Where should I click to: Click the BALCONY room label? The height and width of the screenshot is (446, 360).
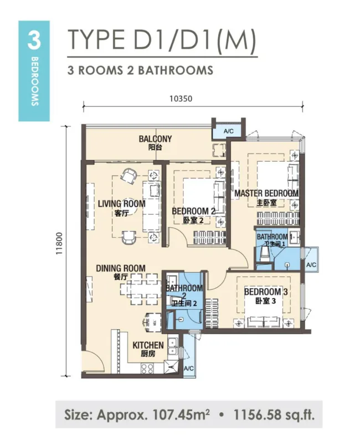tap(155, 139)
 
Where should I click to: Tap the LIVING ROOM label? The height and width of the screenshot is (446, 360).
tap(122, 204)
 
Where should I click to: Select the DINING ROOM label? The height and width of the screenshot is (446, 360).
tap(121, 268)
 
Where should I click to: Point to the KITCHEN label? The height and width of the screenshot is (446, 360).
tap(148, 345)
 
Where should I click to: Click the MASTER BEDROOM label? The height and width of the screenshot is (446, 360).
tap(266, 193)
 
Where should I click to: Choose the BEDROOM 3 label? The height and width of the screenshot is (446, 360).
tap(266, 292)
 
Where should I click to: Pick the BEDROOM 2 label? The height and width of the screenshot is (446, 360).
tap(193, 211)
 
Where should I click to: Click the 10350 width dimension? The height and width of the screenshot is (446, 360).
tap(181, 99)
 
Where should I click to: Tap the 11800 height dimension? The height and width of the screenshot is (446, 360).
tap(59, 243)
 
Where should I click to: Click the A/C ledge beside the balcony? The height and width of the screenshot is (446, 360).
tap(228, 131)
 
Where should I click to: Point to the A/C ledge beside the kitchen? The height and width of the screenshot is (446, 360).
tap(189, 368)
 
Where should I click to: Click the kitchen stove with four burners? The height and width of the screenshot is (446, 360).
tap(147, 368)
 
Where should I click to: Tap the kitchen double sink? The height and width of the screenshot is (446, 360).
tap(172, 347)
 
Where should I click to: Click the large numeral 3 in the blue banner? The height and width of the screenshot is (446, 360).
tap(34, 40)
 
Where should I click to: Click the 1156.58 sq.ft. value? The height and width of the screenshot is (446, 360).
tap(274, 415)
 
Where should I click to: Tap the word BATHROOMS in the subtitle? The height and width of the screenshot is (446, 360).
tap(176, 70)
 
